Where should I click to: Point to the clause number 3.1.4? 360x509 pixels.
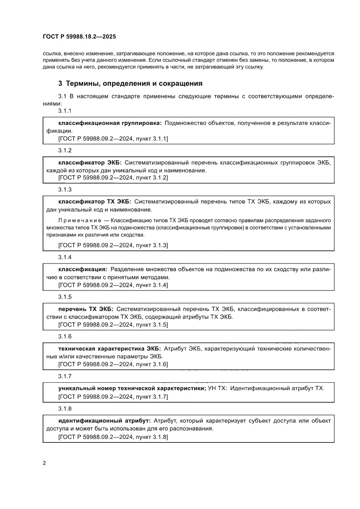coord(65,257)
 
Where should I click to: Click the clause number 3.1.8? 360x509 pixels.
coord(65,409)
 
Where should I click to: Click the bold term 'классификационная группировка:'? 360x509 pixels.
coord(110,123)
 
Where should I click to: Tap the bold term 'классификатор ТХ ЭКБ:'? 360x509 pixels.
coord(94,202)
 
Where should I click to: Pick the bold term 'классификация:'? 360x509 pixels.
coord(83,270)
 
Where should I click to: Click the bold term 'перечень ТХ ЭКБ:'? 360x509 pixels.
coord(86,309)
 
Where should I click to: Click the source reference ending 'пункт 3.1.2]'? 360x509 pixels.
coord(113,178)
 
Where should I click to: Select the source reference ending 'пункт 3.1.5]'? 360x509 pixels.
coord(113,324)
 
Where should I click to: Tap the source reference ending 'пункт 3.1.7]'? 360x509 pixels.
coord(113,397)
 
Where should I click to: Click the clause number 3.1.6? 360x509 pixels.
coord(65,337)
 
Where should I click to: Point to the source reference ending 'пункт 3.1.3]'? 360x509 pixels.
coord(113,246)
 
